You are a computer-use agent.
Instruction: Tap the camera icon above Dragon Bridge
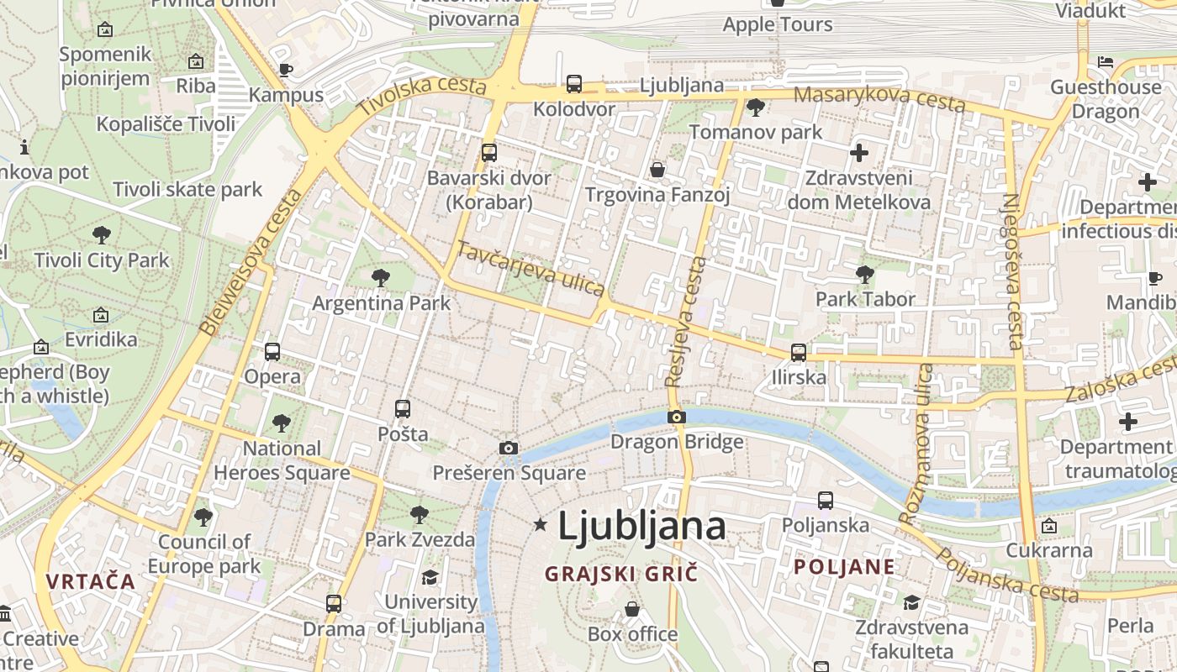tap(677, 417)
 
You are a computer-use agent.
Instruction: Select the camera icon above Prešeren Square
tap(508, 448)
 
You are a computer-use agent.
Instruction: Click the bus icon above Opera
tap(272, 352)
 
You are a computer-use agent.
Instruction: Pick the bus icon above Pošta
tap(403, 409)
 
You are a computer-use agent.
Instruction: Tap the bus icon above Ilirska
tap(799, 352)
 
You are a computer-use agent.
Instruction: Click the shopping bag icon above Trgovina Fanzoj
tap(657, 171)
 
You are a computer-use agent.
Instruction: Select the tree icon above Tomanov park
tap(755, 107)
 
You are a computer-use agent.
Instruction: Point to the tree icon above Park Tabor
tap(864, 274)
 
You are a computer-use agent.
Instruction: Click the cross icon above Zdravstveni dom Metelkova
tap(858, 153)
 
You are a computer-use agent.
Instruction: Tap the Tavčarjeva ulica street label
tap(530, 269)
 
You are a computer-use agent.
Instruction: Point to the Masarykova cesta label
tap(879, 98)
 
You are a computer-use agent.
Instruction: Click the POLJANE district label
tap(844, 566)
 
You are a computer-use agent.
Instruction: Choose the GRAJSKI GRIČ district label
tap(621, 575)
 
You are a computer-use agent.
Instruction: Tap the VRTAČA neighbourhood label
tap(91, 581)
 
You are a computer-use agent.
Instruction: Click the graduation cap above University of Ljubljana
tap(430, 577)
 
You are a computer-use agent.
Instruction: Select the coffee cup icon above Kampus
tap(286, 70)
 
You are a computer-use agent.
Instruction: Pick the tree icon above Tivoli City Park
tap(102, 234)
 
